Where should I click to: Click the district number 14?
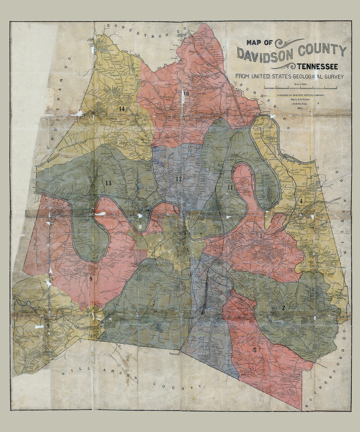(x=122, y=109)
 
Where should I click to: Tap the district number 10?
(x=186, y=94)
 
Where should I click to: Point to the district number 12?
(x=179, y=179)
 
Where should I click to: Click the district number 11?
(x=230, y=187)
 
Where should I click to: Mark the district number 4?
(x=301, y=201)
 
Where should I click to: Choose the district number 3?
(x=261, y=236)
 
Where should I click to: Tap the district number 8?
(x=91, y=278)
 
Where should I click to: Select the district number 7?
(x=154, y=303)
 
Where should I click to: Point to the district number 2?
(x=283, y=308)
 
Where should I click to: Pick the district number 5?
(x=254, y=350)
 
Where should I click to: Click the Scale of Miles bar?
(x=300, y=88)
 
